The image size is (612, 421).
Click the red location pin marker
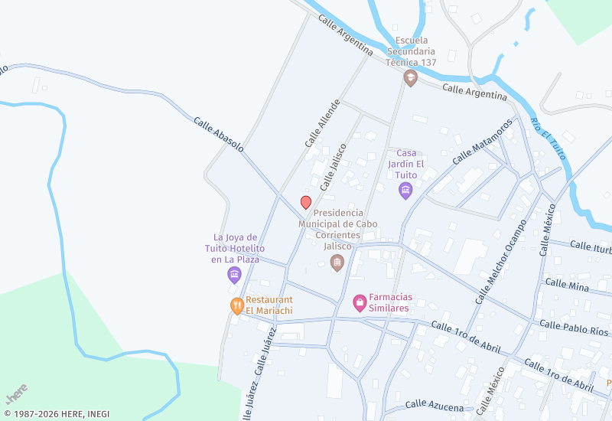click(x=306, y=202)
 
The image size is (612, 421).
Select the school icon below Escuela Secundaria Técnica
click(x=411, y=77)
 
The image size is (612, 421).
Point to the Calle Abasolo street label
click(x=218, y=133)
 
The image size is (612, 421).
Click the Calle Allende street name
click(x=321, y=123)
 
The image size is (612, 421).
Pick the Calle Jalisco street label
click(x=334, y=166)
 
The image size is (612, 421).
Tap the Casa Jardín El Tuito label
click(x=406, y=163)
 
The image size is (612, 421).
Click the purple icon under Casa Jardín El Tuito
click(x=405, y=190)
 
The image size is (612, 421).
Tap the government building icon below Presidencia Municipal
click(x=337, y=263)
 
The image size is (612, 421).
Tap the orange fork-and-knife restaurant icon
click(x=237, y=306)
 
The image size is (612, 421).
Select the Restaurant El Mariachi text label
click(x=269, y=305)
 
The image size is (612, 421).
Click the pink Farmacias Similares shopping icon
click(x=360, y=303)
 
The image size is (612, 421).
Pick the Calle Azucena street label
click(x=434, y=406)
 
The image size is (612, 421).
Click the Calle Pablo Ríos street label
click(x=573, y=328)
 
